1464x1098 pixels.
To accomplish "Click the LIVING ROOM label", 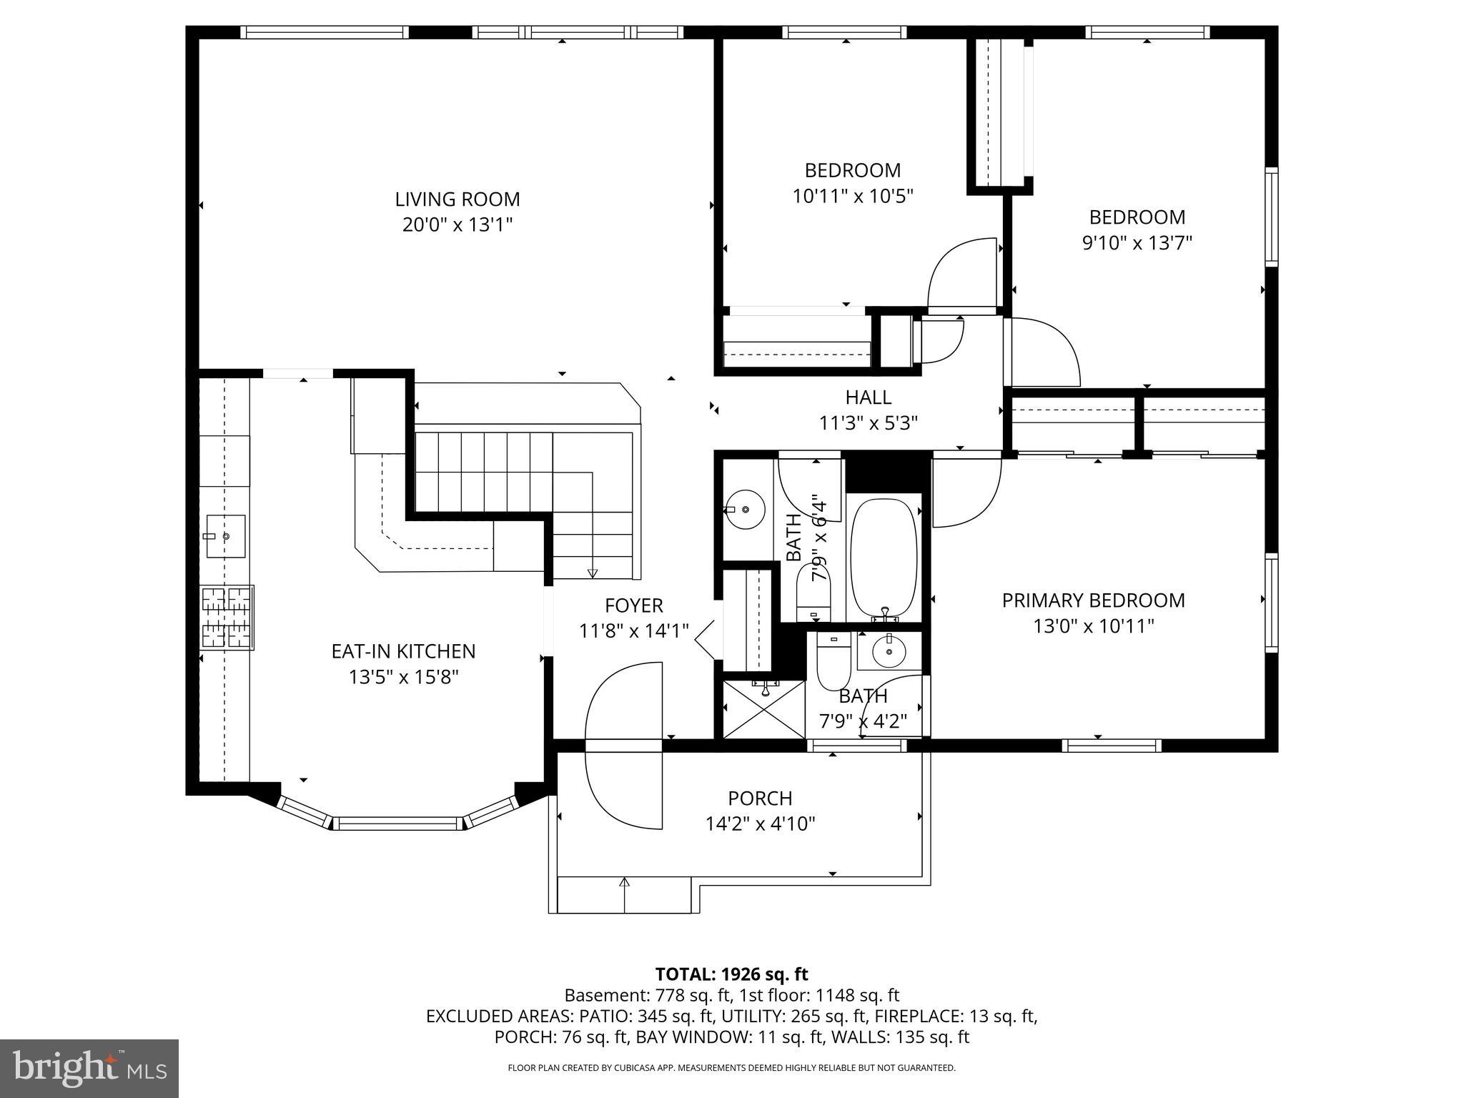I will click(x=457, y=199).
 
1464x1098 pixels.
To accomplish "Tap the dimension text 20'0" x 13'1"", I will click(x=457, y=225).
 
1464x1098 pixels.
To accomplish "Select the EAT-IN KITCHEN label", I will click(x=403, y=651).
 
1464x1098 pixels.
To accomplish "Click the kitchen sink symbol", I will click(x=226, y=535).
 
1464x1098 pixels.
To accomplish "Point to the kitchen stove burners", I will click(x=227, y=618).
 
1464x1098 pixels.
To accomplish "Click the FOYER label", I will click(x=634, y=605).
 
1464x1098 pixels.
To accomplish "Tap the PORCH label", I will click(x=760, y=798).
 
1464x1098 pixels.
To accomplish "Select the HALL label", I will click(x=868, y=397).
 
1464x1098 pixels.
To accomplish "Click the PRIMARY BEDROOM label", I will click(x=1093, y=600).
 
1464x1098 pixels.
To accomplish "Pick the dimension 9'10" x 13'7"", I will click(x=1137, y=243).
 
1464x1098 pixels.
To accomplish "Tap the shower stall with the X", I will click(x=763, y=709).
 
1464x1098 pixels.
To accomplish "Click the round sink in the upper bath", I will click(x=745, y=510).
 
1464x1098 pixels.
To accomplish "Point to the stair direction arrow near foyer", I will click(x=592, y=572).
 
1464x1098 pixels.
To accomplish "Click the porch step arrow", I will click(x=624, y=884).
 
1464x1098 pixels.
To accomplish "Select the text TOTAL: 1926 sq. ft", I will click(x=731, y=974).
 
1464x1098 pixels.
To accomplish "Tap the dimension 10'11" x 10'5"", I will click(x=853, y=196).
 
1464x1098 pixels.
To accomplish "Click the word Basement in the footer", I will click(x=595, y=995).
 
